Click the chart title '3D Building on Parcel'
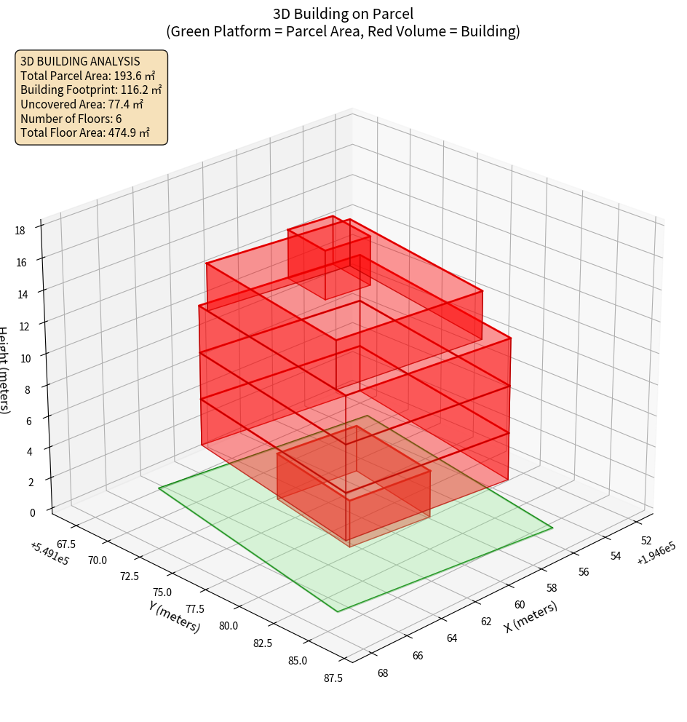pyautogui.click(x=343, y=13)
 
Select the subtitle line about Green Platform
pyautogui.click(x=343, y=31)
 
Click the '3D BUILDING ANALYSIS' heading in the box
pyautogui.click(x=80, y=61)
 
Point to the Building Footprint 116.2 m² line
pyautogui.click(x=91, y=90)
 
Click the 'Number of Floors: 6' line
pyautogui.click(x=71, y=119)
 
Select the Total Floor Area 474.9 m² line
pyautogui.click(x=85, y=132)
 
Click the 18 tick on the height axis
pyautogui.click(x=20, y=231)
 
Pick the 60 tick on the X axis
pyautogui.click(x=520, y=605)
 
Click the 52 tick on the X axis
pyautogui.click(x=646, y=541)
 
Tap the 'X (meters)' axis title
pyautogui.click(x=531, y=617)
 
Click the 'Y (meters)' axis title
pyautogui.click(x=175, y=616)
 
